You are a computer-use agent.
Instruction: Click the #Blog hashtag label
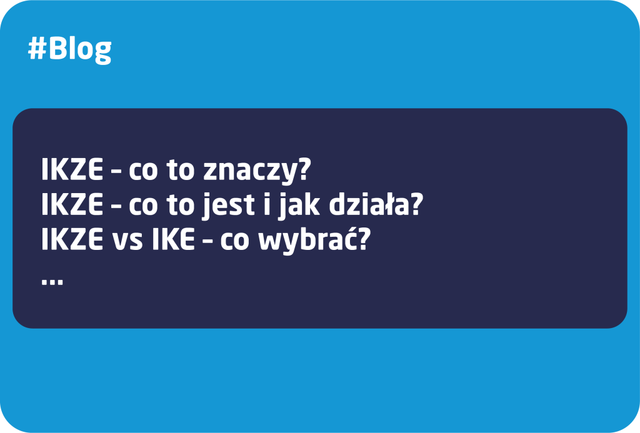70,50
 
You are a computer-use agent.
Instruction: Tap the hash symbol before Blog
37,49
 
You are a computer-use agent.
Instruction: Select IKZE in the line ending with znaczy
72,169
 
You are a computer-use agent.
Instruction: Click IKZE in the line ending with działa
72,204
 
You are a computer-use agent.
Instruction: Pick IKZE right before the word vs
72,239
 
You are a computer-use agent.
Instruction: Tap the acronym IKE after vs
173,239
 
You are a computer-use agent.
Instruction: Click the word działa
367,204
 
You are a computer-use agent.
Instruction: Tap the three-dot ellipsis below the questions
52,281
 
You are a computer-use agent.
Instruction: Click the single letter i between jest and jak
267,204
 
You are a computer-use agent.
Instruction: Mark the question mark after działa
415,203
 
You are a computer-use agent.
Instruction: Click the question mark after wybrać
363,238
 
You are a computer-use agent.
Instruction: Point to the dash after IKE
207,242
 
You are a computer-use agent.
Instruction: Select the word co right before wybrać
235,242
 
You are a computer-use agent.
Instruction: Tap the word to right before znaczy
180,170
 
